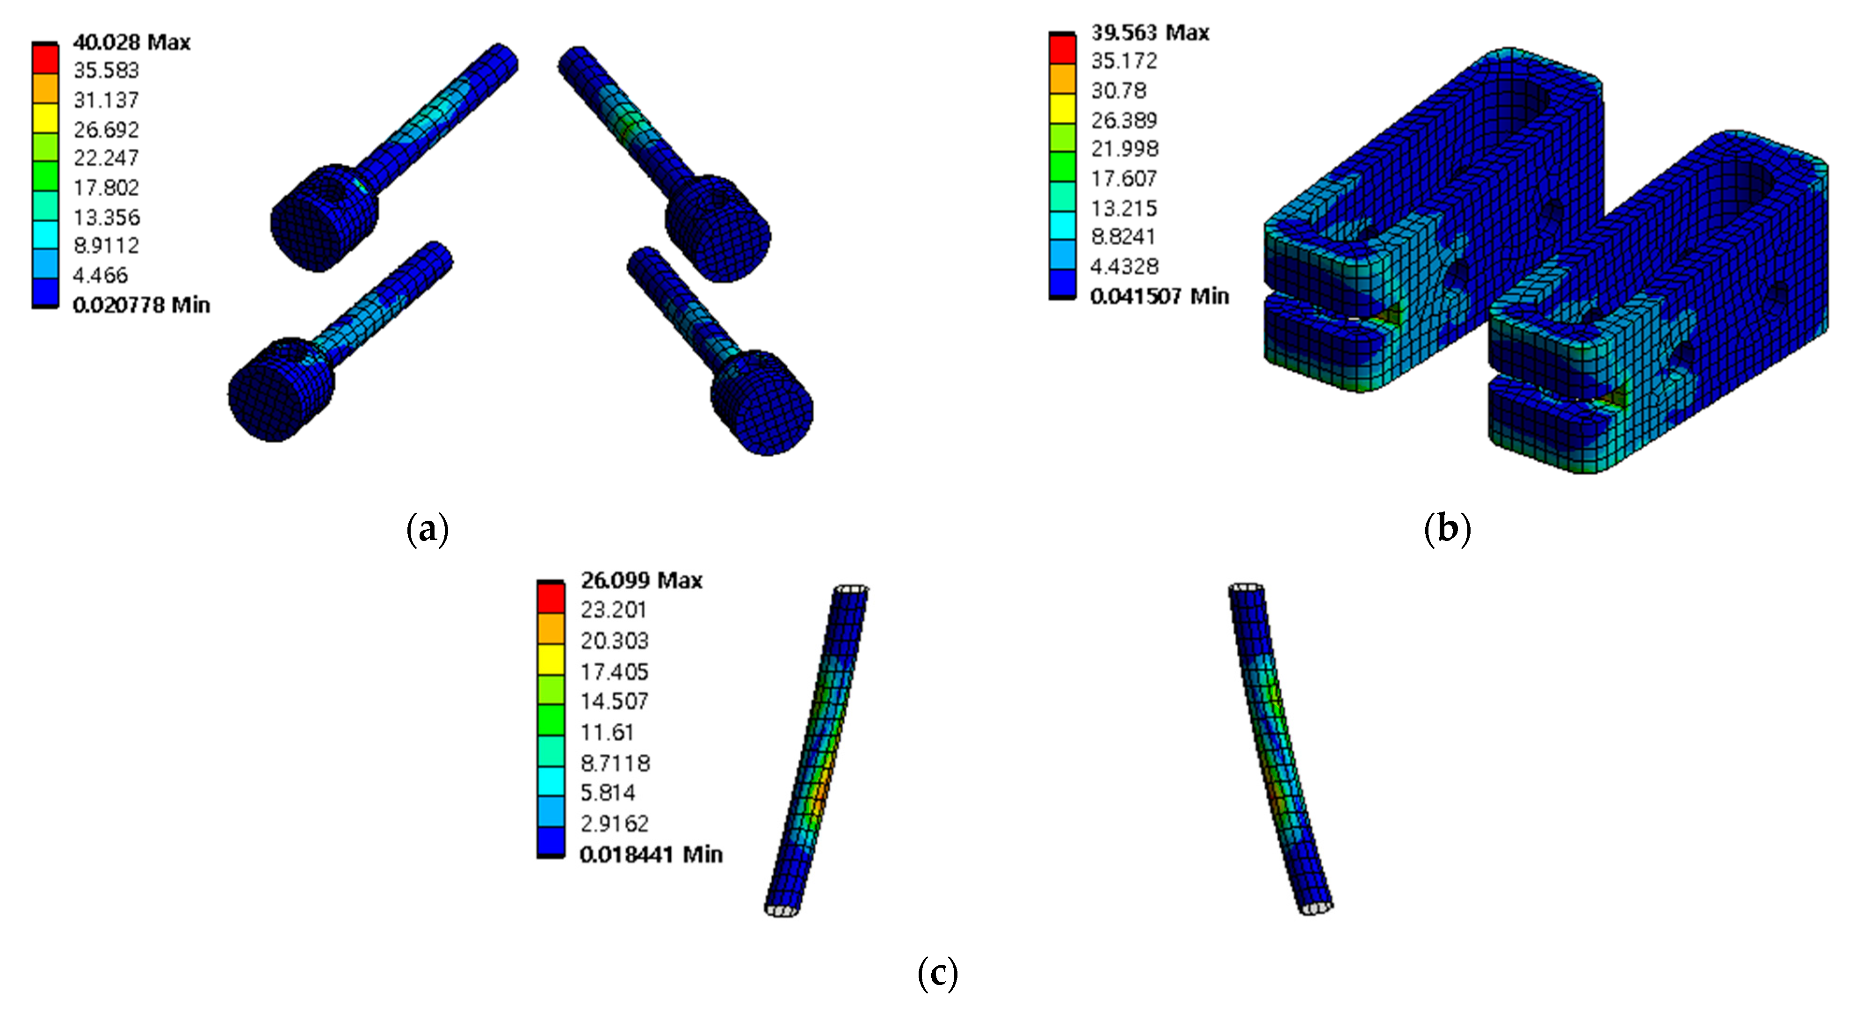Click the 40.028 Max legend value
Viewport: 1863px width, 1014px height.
pyautogui.click(x=131, y=42)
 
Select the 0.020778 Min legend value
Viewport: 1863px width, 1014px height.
pyautogui.click(x=141, y=305)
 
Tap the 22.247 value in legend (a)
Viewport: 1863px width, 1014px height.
pyautogui.click(x=106, y=158)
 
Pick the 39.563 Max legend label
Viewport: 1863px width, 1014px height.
pyautogui.click(x=1150, y=33)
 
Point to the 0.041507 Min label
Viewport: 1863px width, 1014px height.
pyautogui.click(x=1160, y=296)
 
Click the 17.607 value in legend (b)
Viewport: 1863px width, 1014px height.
pyautogui.click(x=1124, y=178)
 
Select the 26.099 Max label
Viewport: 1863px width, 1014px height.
pyautogui.click(x=641, y=580)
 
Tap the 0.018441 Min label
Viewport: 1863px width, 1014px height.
pyautogui.click(x=651, y=854)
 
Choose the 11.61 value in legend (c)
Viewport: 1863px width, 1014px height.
pyautogui.click(x=607, y=732)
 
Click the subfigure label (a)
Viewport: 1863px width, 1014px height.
pyautogui.click(x=428, y=529)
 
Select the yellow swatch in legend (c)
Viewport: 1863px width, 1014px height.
pyautogui.click(x=551, y=660)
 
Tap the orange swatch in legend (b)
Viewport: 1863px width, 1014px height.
pyautogui.click(x=1062, y=78)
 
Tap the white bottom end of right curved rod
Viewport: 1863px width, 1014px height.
pyautogui.click(x=1316, y=908)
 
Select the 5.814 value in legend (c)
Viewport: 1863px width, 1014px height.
pyautogui.click(x=608, y=793)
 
